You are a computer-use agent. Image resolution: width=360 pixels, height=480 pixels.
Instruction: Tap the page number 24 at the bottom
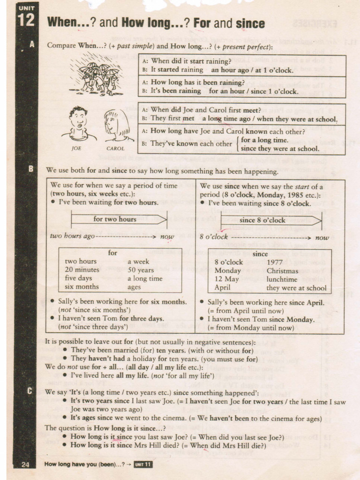pos(25,465)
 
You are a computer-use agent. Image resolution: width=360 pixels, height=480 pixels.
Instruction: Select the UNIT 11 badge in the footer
pos(143,465)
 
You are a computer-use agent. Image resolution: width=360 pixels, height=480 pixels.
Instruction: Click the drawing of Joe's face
pos(78,120)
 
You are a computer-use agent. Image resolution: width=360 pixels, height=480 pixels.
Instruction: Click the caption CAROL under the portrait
pos(115,149)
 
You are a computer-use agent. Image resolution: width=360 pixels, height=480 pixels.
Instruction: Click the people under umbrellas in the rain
pos(97,77)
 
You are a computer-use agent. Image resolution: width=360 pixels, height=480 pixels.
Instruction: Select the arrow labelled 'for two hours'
pos(119,219)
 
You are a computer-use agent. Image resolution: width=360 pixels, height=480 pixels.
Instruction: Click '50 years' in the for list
pos(141,270)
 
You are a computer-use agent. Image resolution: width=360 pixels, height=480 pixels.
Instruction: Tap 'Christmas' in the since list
pos(282,271)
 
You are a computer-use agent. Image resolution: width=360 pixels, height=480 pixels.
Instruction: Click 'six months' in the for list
pos(82,286)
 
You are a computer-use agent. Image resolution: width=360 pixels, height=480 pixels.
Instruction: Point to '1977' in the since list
pos(275,262)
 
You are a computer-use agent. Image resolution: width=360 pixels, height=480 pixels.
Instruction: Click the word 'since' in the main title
pos(250,23)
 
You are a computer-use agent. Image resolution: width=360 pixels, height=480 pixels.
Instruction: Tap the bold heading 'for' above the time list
pos(113,253)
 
